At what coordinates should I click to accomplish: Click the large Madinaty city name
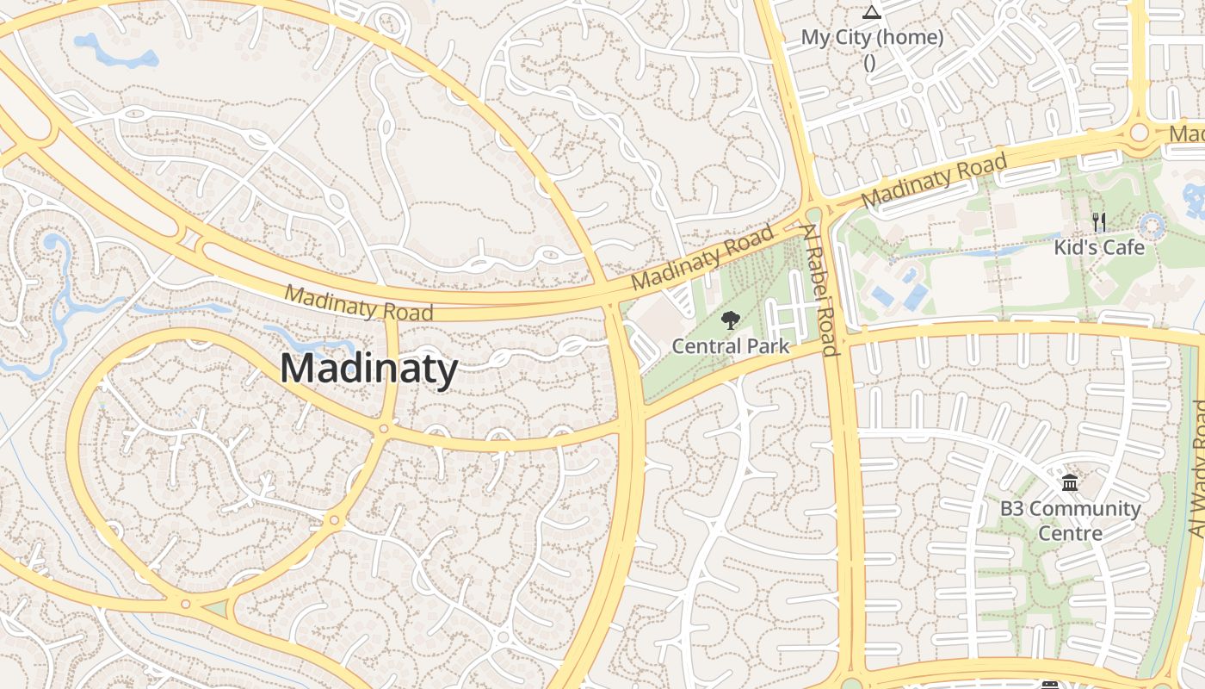[368, 369]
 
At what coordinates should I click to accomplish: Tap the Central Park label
[730, 346]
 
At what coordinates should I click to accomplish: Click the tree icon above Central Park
[730, 320]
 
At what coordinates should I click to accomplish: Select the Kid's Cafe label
[1099, 248]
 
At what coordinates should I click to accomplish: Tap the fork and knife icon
[1099, 222]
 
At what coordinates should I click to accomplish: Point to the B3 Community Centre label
[1070, 520]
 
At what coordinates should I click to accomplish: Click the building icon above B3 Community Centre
[1070, 483]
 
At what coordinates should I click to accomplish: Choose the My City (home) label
[872, 38]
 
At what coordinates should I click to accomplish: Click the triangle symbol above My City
[872, 12]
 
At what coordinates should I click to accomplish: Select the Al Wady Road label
[1197, 469]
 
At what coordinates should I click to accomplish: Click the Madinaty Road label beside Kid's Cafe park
[933, 181]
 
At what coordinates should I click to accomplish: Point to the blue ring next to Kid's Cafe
[1152, 227]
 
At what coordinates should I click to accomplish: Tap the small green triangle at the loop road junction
[215, 609]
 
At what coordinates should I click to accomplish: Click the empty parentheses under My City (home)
[869, 62]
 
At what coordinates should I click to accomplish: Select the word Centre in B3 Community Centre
[1070, 533]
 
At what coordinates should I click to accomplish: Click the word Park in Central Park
[768, 346]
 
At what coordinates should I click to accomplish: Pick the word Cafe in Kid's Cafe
[1124, 248]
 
